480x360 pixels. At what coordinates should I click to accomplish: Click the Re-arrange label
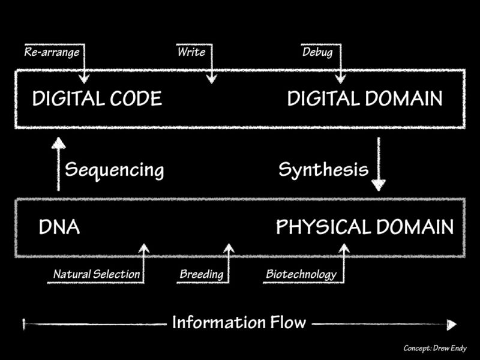(52, 52)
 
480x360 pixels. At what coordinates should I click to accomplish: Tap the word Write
(191, 52)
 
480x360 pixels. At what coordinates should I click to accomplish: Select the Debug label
(317, 52)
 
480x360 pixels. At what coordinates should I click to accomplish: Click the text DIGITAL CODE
(97, 98)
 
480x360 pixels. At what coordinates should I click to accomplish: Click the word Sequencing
(114, 170)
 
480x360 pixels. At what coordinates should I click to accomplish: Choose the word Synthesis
(323, 170)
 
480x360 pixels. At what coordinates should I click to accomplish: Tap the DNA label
(59, 227)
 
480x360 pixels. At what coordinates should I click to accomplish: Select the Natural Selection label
(97, 274)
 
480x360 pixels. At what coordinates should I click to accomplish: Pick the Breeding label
(202, 274)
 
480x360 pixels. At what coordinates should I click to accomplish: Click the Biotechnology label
(301, 274)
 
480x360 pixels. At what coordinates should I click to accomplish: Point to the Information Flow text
(239, 322)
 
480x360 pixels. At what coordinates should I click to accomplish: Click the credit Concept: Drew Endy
(435, 348)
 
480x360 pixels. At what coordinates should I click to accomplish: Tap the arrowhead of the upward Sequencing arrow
(58, 143)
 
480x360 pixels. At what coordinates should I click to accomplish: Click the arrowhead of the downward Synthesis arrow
(379, 185)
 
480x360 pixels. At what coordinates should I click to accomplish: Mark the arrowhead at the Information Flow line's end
(452, 325)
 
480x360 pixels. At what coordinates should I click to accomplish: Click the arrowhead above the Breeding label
(229, 248)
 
